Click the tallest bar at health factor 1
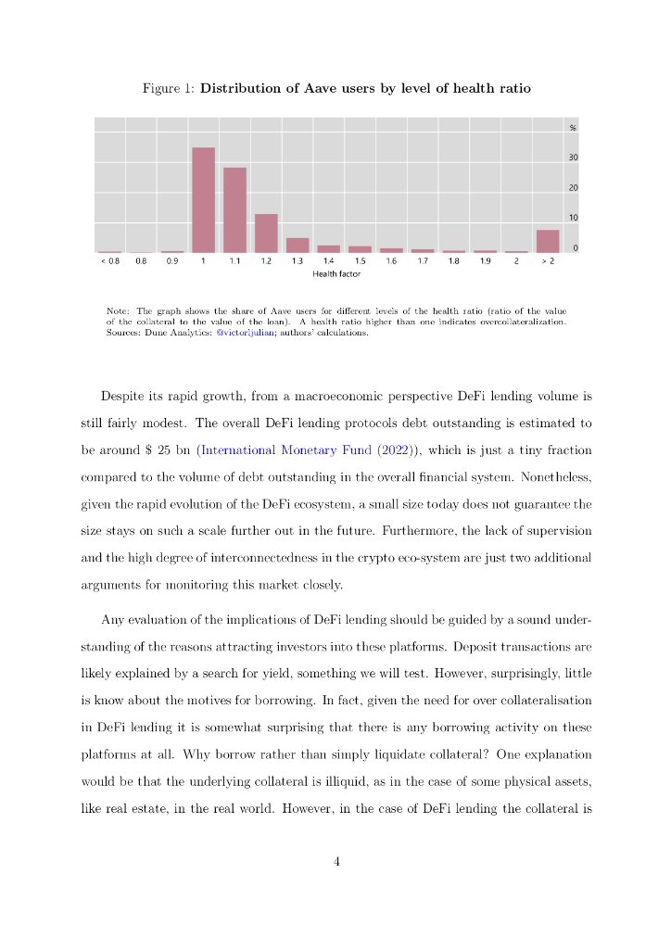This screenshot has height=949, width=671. (x=203, y=200)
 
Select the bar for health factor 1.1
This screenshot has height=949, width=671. (x=234, y=210)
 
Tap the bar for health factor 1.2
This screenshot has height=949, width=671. (x=266, y=234)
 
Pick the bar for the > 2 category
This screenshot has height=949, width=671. (x=548, y=241)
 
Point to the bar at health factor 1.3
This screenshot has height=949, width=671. (x=298, y=246)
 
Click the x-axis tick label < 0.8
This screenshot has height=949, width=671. (x=109, y=262)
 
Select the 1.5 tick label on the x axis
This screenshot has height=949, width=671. (x=360, y=262)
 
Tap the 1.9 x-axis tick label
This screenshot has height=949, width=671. (x=485, y=262)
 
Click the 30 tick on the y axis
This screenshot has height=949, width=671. (x=573, y=158)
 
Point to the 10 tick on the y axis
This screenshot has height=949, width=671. (x=573, y=218)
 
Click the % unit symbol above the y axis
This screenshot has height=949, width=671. (x=573, y=127)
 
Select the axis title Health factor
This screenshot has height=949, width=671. (x=336, y=275)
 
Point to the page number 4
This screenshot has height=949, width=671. (x=336, y=862)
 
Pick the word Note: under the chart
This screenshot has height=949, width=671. (x=118, y=310)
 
